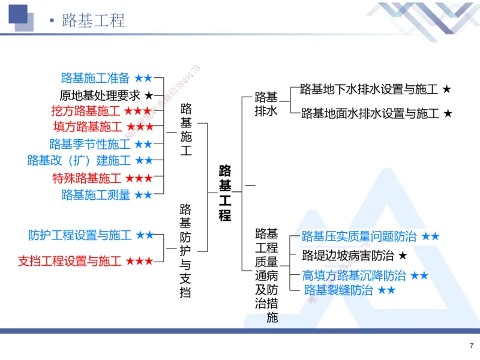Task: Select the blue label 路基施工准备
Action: (95, 78)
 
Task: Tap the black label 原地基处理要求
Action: (100, 95)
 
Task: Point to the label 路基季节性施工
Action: (89, 144)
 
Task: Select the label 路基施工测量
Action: (95, 195)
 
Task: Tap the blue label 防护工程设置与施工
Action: (80, 235)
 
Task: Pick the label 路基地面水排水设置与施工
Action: (370, 113)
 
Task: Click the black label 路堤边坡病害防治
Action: (348, 256)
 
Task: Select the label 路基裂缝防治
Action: (339, 290)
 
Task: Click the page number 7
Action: (470, 346)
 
